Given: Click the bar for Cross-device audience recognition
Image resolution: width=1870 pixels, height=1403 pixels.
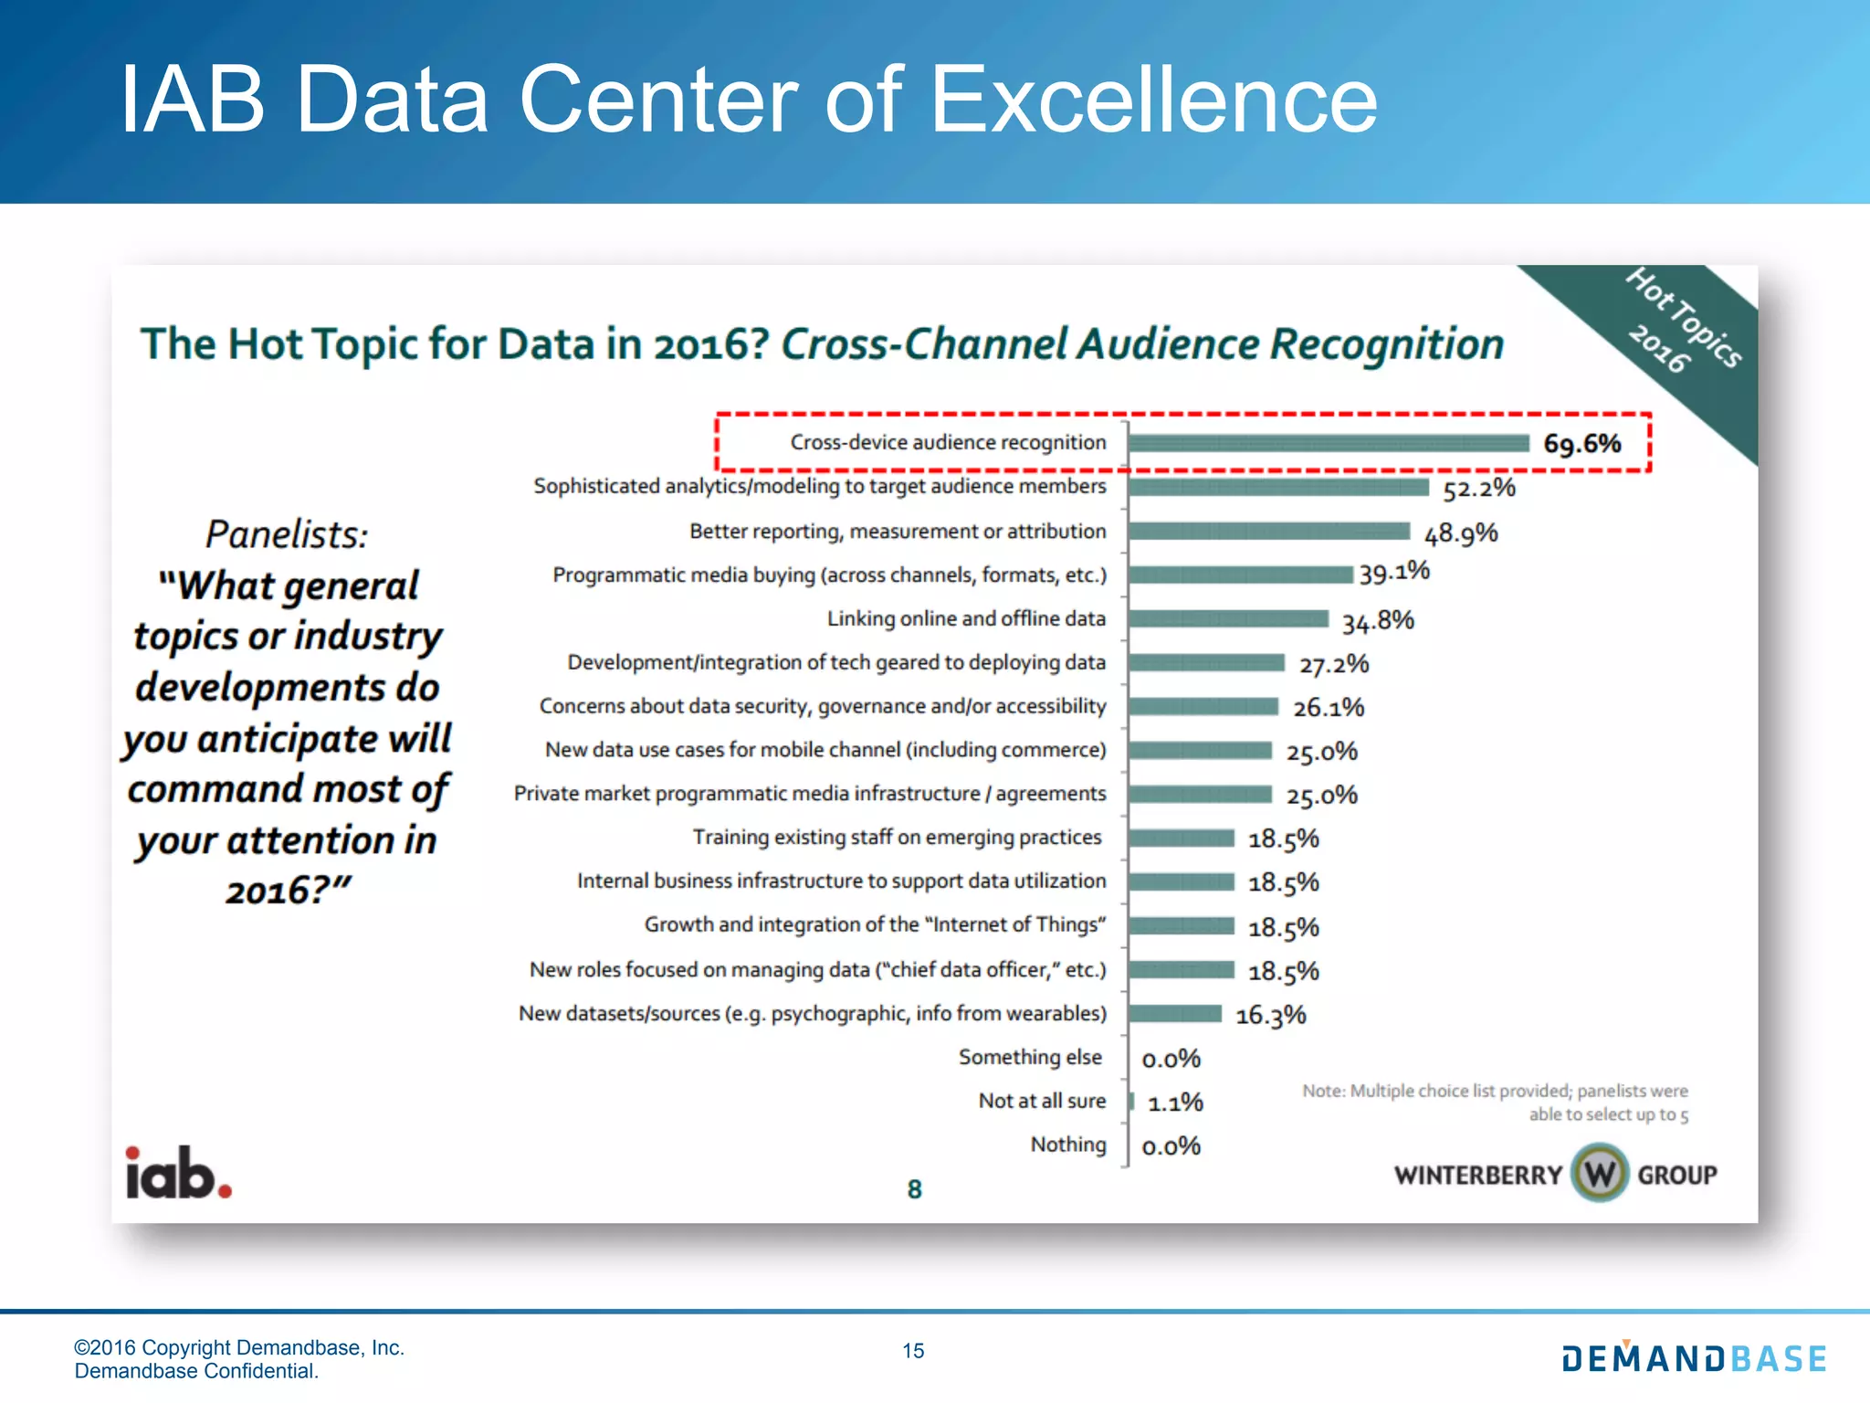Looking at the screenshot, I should (x=1329, y=443).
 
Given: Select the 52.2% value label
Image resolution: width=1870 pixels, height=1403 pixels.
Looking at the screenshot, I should (x=1478, y=489).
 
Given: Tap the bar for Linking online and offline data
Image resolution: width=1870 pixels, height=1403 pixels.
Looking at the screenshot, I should (x=1228, y=619).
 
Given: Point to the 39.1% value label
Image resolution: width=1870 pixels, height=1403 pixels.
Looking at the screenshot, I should (x=1394, y=573).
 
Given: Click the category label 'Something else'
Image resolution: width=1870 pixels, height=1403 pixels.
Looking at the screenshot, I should (x=1030, y=1057).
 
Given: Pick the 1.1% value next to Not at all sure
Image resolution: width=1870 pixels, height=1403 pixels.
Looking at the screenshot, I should (x=1175, y=1103).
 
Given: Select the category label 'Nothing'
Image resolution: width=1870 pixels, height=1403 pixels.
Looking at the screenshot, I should (x=1068, y=1145).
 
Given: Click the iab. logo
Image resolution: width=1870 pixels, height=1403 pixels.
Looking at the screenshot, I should (x=179, y=1174).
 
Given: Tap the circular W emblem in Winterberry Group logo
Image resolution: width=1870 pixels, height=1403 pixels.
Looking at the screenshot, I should (x=1600, y=1174).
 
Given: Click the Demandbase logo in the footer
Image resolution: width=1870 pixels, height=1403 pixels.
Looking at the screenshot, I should (x=1694, y=1358).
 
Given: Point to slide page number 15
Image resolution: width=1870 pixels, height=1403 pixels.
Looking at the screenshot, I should (x=913, y=1351).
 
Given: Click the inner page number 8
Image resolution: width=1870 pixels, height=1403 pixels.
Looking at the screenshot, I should (x=914, y=1189).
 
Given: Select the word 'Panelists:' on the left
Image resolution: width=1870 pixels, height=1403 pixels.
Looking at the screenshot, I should (x=287, y=534).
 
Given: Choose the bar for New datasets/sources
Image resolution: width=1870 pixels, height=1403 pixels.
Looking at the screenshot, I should (x=1175, y=1014).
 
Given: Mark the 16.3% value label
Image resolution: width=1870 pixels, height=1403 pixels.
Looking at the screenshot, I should (x=1270, y=1016).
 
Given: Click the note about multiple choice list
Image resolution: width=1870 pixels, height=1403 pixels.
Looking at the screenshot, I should (x=1496, y=1102).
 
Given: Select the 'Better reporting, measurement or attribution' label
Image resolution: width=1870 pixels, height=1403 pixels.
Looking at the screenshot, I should (x=898, y=532).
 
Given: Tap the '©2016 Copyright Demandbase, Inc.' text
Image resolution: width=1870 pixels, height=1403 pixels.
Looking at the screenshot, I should (x=239, y=1347).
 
